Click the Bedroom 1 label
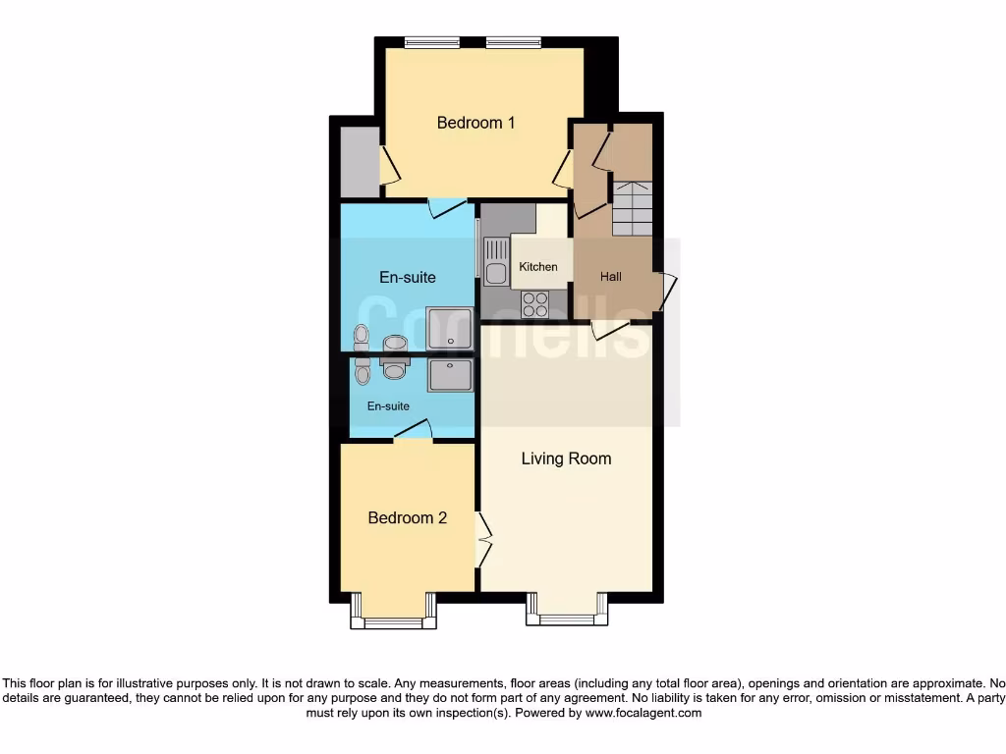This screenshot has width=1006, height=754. point(475,123)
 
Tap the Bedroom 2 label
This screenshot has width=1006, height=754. point(407,517)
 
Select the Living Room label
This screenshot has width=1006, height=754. point(566,458)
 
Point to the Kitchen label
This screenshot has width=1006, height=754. point(538,267)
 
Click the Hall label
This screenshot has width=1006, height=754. point(611,277)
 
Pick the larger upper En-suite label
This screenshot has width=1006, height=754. point(408,277)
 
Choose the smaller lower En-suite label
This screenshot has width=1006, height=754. point(388,405)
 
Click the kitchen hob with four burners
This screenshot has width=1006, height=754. point(535,304)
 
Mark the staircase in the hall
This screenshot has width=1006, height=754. point(632,208)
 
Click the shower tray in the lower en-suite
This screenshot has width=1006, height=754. point(450,375)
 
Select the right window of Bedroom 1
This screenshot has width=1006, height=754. point(513,42)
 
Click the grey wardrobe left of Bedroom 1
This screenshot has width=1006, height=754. point(359,161)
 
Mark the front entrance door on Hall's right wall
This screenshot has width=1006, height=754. point(669,291)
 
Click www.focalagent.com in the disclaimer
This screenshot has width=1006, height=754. point(643,713)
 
